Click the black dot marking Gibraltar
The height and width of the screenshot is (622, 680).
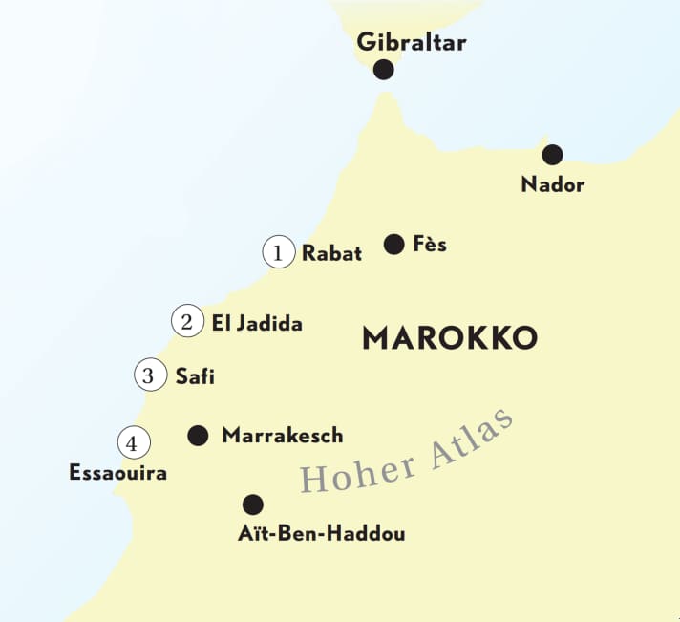click(384, 70)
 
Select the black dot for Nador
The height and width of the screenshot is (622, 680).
click(552, 155)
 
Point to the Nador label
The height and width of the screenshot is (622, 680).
click(552, 184)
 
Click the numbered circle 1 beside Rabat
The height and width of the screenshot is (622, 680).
click(278, 253)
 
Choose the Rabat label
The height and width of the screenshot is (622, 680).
click(331, 253)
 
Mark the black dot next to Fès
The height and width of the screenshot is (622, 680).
click(393, 245)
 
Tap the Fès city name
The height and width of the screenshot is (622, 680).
click(430, 245)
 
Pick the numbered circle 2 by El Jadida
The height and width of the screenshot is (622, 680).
click(187, 322)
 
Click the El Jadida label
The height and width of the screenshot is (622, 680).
click(257, 324)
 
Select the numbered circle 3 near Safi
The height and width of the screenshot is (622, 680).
click(148, 375)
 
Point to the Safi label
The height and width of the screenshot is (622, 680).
click(195, 376)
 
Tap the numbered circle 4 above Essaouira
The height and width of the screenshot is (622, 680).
click(134, 443)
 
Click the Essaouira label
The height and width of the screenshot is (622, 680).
click(118, 473)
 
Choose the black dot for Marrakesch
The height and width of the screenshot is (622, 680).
click(198, 436)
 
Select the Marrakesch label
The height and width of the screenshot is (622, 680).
click(282, 436)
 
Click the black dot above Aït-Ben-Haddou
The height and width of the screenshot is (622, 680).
click(253, 504)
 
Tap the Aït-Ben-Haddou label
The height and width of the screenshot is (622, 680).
click(321, 534)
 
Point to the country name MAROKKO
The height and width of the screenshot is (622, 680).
click(450, 338)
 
